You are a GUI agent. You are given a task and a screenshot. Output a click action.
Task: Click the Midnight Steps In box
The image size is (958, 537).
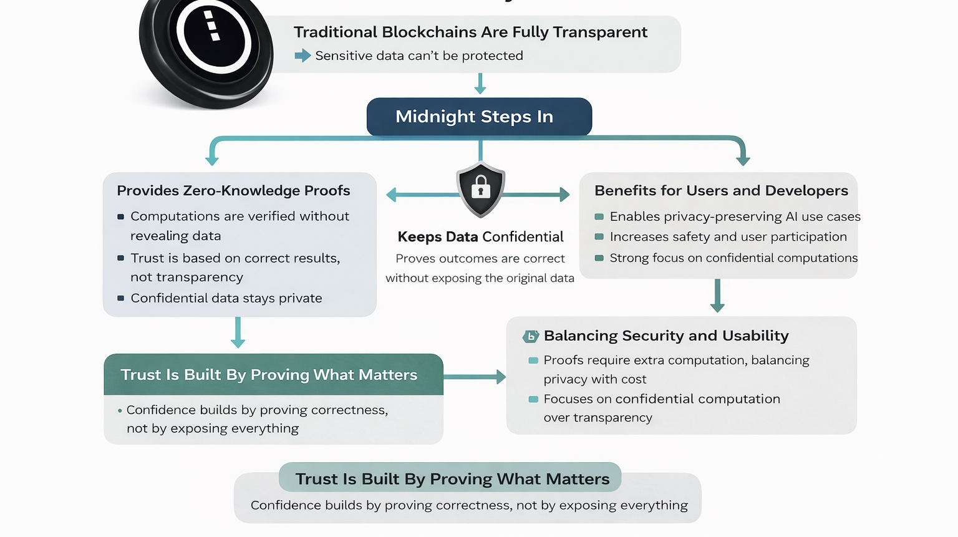(479, 117)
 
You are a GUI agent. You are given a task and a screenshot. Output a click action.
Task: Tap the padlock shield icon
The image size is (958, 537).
(480, 189)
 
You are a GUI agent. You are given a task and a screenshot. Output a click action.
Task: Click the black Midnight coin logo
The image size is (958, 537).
(206, 47)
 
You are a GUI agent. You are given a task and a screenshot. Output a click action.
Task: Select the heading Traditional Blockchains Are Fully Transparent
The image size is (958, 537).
(470, 32)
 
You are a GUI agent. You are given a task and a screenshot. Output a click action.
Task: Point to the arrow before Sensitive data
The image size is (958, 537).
(302, 56)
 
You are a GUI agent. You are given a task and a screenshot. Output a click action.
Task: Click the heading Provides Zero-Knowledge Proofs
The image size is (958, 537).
(233, 190)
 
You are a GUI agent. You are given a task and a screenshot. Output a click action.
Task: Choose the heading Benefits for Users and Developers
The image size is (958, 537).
(721, 190)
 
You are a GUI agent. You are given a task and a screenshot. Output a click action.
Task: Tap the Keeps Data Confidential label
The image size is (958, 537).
(480, 236)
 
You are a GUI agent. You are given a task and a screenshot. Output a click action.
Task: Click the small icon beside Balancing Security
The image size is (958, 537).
(531, 336)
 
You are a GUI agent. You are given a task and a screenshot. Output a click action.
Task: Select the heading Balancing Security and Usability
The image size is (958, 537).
(666, 336)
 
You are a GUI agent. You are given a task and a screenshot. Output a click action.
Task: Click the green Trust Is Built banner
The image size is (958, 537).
(273, 374)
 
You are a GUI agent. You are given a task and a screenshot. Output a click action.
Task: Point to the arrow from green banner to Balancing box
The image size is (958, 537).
(475, 377)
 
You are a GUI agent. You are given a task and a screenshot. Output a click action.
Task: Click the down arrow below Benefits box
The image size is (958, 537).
(717, 296)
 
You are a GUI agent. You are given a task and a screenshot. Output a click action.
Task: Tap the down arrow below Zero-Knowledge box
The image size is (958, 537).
(238, 332)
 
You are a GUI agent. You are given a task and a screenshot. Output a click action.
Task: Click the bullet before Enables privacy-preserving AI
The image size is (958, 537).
(599, 216)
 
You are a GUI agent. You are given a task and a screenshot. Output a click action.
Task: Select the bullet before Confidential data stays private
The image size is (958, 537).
(121, 298)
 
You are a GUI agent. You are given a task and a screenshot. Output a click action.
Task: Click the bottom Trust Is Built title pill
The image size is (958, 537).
(450, 478)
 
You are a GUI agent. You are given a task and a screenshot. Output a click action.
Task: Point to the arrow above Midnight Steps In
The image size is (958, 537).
(480, 84)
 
